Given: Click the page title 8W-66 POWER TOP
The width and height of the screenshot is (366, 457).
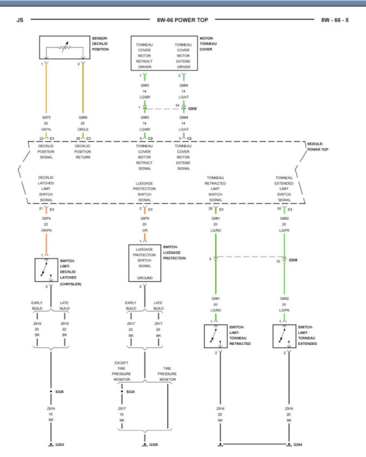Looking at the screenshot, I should coord(183,21).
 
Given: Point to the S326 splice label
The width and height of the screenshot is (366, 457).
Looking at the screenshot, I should coord(59,391).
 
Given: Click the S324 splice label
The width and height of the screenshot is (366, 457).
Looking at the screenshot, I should coord(131,391).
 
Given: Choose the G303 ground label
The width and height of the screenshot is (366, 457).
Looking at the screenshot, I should coord(59,445).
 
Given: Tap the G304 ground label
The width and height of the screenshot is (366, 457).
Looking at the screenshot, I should coord(297,445).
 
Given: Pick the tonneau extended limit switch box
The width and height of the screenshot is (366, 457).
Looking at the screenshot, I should coord(284,336).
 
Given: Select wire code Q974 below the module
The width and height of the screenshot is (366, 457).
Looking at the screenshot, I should coord(45,219).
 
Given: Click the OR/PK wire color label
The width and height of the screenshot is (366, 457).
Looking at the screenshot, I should coord(45,231).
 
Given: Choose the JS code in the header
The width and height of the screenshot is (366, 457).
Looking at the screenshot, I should coord(20,21).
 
